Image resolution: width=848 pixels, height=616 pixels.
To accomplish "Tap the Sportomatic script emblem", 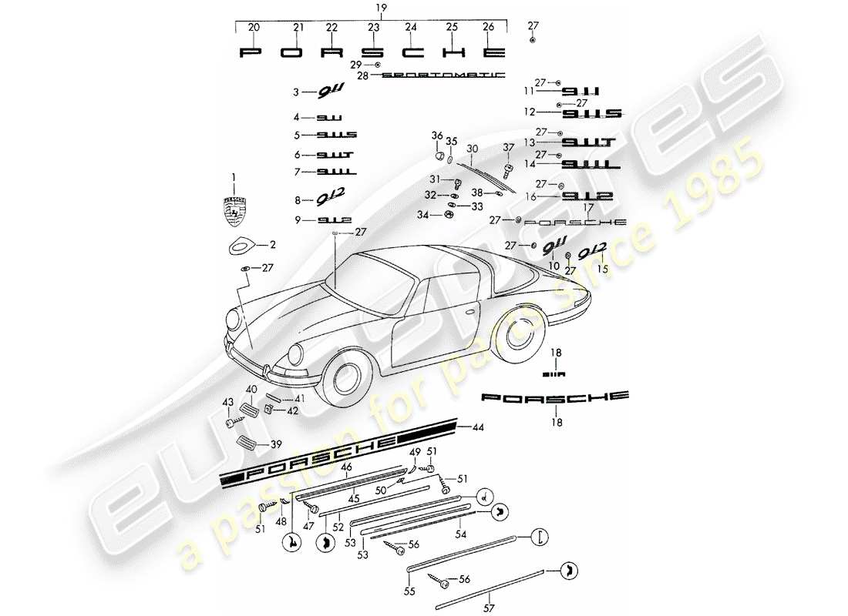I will point(443,75).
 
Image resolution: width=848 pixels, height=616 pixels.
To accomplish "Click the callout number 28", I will point(363,75).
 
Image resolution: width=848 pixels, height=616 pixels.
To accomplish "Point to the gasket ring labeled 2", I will point(244,247).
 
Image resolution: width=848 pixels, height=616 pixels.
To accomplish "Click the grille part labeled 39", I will point(247,442).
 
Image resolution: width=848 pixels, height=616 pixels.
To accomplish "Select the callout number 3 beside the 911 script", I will point(295,92).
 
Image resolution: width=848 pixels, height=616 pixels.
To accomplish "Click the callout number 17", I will point(588,207).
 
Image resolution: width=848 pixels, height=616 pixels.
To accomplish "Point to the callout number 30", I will point(473,148).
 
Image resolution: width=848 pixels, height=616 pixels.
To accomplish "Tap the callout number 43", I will point(227,402).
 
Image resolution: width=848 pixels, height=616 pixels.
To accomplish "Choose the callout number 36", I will point(437,136).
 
